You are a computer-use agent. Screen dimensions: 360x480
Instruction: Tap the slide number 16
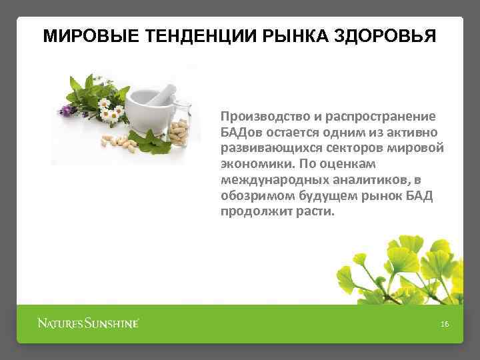[445, 324]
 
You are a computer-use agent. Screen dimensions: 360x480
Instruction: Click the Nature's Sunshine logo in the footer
[88, 324]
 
